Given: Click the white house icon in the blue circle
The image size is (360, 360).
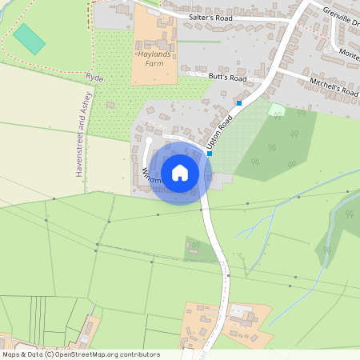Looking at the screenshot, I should pyautogui.click(x=180, y=172).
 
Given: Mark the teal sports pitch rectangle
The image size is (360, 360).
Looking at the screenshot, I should pyautogui.click(x=30, y=38).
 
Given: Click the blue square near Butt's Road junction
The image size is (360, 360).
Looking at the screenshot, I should pyautogui.click(x=238, y=102).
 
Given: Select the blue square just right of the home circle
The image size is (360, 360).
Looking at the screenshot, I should pyautogui.click(x=210, y=154).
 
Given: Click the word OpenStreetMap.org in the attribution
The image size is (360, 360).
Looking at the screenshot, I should pyautogui.click(x=85, y=354).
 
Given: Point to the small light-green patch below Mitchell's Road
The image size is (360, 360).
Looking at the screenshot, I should pyautogui.click(x=276, y=109).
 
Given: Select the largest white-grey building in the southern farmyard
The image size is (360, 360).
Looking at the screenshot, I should pyautogui.click(x=240, y=310).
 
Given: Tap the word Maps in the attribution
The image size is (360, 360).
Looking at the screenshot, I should pyautogui.click(x=11, y=354).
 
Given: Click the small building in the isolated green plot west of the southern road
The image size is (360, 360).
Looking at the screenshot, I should pyautogui.click(x=193, y=247).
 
